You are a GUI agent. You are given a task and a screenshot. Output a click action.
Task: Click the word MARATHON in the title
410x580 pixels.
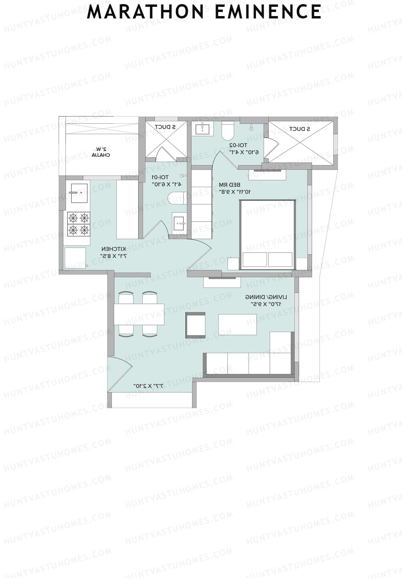point(146,12)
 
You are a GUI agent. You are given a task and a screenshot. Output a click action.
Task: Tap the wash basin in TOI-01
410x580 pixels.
point(179,223)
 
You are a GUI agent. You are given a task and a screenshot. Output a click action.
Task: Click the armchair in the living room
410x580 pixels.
point(196,325)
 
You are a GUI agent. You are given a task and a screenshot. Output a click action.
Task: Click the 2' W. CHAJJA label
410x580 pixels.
point(101,152)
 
